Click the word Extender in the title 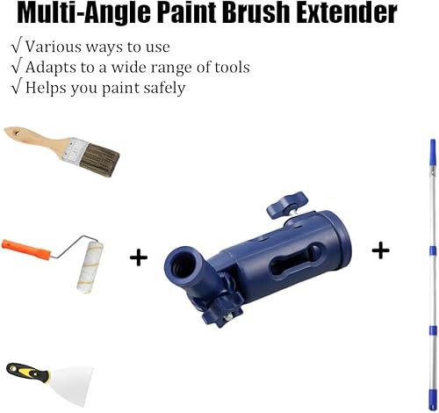click(x=347, y=12)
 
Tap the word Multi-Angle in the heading click(x=83, y=14)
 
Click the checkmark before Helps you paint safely click(x=16, y=87)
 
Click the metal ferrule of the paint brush click(x=75, y=149)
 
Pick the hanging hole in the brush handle click(x=17, y=134)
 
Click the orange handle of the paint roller click(x=25, y=250)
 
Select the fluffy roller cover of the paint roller click(x=90, y=267)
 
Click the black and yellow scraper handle click(x=27, y=372)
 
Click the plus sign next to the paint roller click(x=139, y=258)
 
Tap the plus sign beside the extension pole click(x=380, y=250)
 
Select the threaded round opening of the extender click(x=183, y=266)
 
